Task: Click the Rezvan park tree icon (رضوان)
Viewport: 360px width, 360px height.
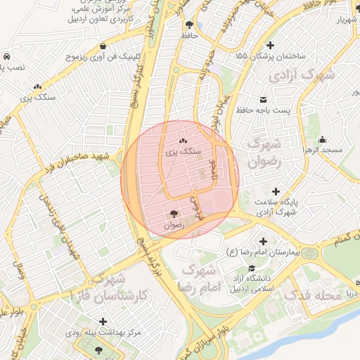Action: [174, 214]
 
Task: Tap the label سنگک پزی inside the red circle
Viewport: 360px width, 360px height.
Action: [182, 151]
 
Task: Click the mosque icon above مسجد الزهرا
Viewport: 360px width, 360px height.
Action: [323, 139]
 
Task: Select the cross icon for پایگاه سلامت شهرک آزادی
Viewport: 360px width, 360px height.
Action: [275, 191]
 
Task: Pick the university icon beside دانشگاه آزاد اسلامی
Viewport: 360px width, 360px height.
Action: [252, 269]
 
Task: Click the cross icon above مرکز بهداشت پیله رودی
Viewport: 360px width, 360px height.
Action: [103, 321]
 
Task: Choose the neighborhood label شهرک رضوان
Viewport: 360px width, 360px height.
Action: [265, 151]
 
